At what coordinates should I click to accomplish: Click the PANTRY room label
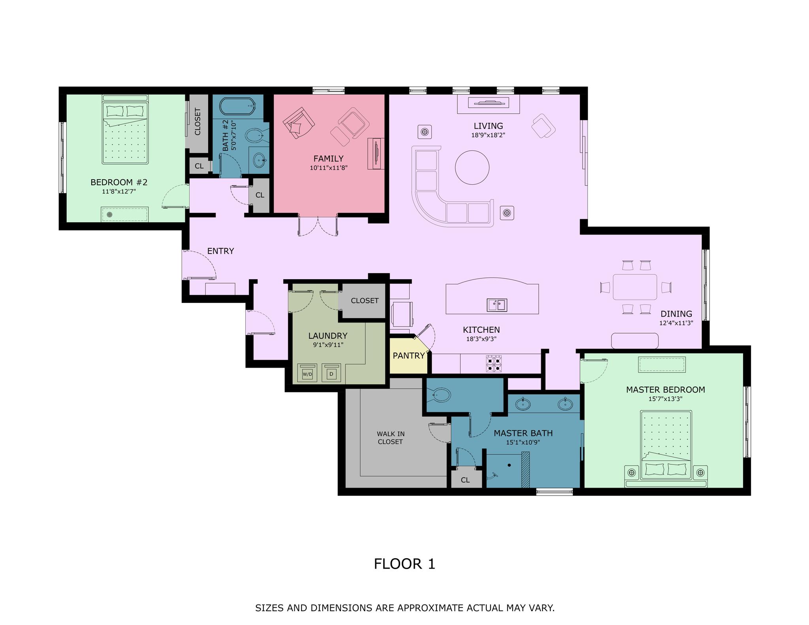[x=408, y=355]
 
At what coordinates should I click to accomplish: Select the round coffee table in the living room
[x=472, y=167]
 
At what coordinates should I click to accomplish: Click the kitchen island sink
[x=497, y=305]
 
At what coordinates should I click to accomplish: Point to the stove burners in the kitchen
[x=494, y=364]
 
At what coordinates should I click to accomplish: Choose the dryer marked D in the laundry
[x=331, y=373]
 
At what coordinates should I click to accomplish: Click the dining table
[x=635, y=287]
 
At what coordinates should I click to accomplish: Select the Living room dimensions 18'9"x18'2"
[x=488, y=135]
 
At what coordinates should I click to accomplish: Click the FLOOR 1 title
[x=404, y=564]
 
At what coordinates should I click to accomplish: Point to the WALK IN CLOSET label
[x=390, y=438]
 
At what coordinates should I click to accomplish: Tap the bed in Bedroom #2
[x=125, y=130]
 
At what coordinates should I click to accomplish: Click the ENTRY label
[x=220, y=251]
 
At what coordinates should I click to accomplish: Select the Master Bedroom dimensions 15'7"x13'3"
[x=666, y=399]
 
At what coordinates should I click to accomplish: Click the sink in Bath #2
[x=259, y=160]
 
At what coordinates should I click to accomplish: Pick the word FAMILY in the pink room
[x=328, y=159]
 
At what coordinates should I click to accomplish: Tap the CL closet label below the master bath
[x=465, y=480]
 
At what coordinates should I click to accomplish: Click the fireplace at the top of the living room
[x=488, y=104]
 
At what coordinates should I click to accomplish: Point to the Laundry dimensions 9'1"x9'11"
[x=327, y=345]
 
